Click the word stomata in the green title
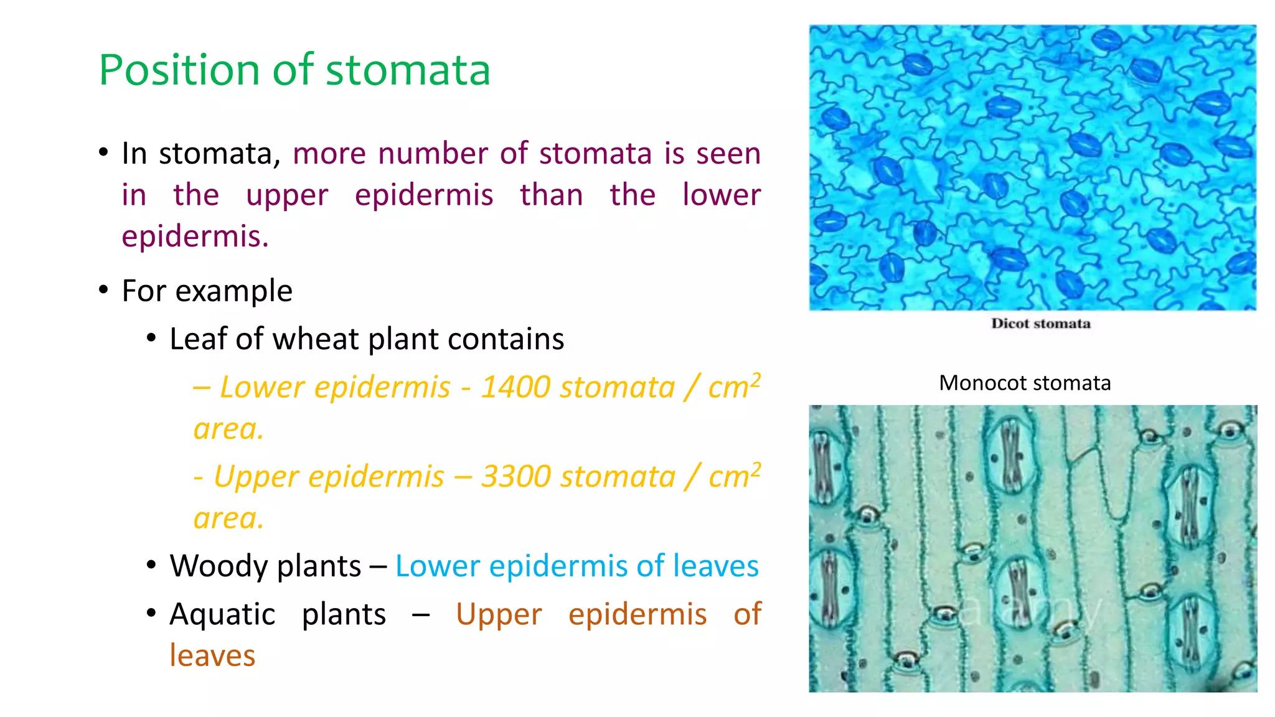click(x=408, y=70)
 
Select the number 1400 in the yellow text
click(x=515, y=387)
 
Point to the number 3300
click(x=515, y=477)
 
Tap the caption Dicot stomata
click(x=1040, y=324)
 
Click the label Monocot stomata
click(x=1025, y=383)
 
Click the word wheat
click(x=316, y=339)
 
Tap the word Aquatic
click(x=222, y=614)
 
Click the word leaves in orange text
click(x=212, y=656)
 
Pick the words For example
click(x=207, y=291)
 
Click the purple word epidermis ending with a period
click(x=195, y=237)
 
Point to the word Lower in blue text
click(x=437, y=566)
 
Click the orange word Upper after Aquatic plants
click(x=499, y=614)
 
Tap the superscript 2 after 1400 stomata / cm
click(x=755, y=379)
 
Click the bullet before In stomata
click(x=103, y=152)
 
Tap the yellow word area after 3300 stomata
click(x=228, y=518)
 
